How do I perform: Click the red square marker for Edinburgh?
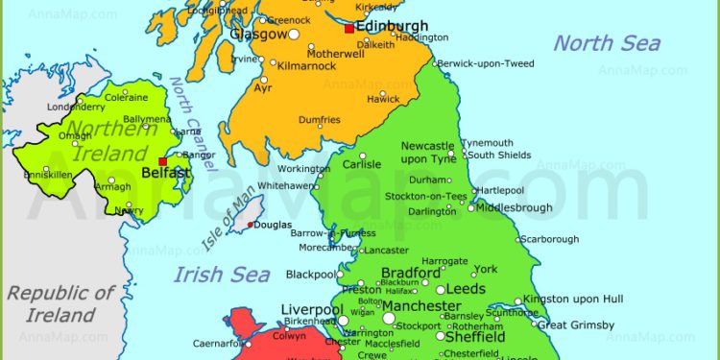coord(348,29)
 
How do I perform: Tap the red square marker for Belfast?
coord(163,160)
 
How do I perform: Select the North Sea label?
coord(607,43)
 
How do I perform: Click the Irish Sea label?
coord(222,276)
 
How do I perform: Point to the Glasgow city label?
coord(258,34)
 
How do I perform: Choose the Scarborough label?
coord(550,239)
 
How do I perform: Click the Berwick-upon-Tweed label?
coord(486,62)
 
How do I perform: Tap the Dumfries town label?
coord(319,120)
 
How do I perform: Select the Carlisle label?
coord(362,164)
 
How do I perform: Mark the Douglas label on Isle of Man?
coord(274,225)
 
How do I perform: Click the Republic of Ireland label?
coord(60,303)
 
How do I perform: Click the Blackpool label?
coord(311,275)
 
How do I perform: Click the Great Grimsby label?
coord(574,325)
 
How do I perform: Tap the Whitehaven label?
coord(286,185)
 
